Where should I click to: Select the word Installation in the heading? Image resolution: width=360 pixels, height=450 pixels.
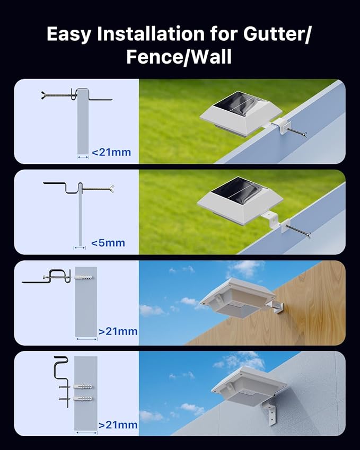[157, 34]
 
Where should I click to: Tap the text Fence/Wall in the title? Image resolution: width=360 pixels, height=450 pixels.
[179, 56]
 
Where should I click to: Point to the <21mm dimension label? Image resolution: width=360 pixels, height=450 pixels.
[111, 153]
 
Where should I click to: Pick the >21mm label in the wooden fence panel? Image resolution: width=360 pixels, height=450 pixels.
[118, 331]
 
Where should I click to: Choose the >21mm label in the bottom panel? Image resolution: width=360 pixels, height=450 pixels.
[118, 425]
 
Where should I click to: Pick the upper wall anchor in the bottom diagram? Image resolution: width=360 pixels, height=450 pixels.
[84, 386]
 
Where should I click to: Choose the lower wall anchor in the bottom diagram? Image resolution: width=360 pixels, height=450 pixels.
[84, 398]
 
